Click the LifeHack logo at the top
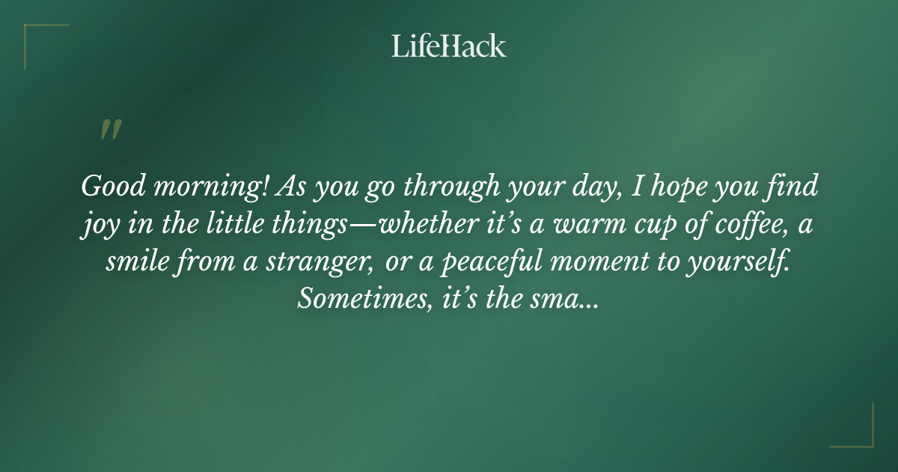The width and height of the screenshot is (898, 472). pyautogui.click(x=449, y=46)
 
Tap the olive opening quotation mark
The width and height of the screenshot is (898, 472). pyautogui.click(x=111, y=130)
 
